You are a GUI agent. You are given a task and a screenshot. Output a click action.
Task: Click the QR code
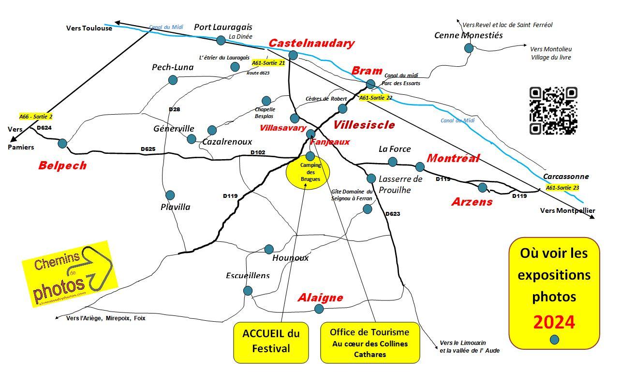553,111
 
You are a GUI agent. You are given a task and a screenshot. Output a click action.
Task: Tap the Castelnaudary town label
311,43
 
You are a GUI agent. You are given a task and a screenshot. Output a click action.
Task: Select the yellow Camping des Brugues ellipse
308,172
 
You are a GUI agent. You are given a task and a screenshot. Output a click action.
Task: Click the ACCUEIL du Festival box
271,342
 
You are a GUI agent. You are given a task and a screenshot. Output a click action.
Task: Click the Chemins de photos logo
70,273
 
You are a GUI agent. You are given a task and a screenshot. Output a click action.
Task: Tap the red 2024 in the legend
554,321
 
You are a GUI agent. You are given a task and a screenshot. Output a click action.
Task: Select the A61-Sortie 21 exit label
268,63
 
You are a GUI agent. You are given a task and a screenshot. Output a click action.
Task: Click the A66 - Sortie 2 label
36,117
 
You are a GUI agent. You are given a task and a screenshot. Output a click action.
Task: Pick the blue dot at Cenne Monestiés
469,48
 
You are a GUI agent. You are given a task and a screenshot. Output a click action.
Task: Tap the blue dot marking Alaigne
319,309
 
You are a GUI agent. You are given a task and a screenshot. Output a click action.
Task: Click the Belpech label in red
62,166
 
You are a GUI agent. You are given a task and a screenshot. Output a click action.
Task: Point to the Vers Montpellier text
567,210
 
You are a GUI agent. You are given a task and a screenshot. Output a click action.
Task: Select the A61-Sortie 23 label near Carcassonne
562,188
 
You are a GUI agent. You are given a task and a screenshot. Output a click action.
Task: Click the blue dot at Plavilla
170,195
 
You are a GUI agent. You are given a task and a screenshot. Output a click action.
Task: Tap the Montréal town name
453,158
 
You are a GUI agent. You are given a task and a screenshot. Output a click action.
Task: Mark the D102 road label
258,152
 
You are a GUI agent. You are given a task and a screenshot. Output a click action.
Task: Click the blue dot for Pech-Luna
173,80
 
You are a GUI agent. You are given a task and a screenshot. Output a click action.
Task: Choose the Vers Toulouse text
89,28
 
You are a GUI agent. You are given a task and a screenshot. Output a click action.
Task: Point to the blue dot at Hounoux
269,249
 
